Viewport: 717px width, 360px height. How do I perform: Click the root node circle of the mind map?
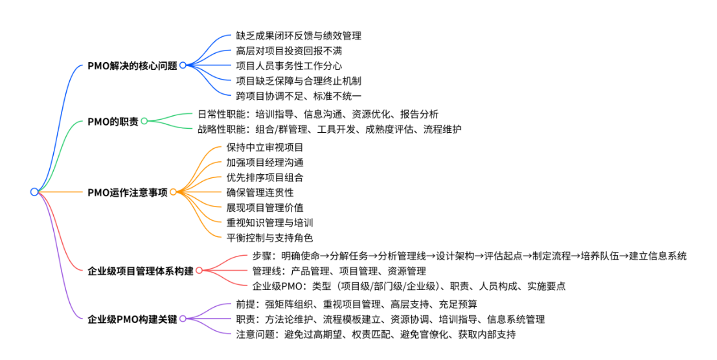point(34,192)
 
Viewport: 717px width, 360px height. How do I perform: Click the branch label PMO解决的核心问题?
point(132,65)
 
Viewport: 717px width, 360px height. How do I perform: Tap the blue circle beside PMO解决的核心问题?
point(183,65)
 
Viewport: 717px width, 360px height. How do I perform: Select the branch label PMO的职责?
point(113,121)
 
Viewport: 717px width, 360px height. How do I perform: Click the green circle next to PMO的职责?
point(144,121)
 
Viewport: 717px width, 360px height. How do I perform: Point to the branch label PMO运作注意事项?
point(128,192)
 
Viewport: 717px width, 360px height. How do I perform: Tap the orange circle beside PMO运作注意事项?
point(173,192)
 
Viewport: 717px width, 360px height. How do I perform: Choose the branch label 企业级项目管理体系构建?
point(141,271)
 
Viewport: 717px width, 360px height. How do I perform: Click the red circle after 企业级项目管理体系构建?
point(199,271)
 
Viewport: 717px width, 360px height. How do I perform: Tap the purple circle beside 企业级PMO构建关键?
point(183,319)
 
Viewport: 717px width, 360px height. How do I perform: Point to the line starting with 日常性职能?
point(317,113)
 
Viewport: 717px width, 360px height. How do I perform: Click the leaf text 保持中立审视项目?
point(264,147)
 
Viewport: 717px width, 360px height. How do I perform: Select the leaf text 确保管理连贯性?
point(260,192)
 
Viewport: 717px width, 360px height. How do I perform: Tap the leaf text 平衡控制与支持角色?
point(269,238)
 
